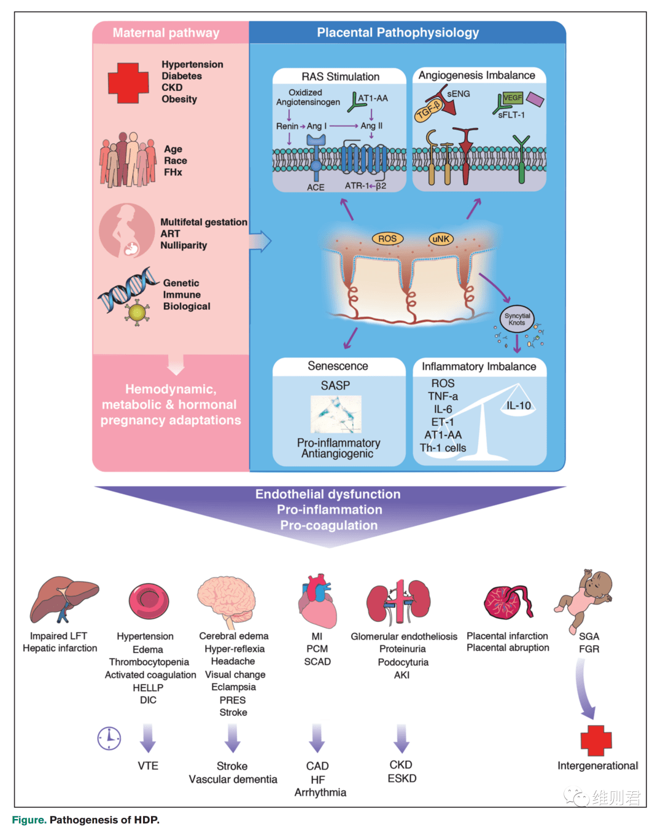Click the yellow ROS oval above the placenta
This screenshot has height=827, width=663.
tap(387, 238)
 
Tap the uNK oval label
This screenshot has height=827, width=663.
tap(441, 238)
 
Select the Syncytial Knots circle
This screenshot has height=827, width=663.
tap(517, 319)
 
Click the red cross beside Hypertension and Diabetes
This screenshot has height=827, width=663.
tap(128, 83)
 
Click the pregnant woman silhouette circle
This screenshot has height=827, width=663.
tap(126, 230)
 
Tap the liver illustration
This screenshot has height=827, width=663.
tap(64, 599)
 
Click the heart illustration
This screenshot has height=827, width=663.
tap(317, 601)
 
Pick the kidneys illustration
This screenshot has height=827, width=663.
tap(398, 602)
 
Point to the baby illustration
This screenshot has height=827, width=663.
tap(583, 601)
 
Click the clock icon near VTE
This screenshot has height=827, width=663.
tap(109, 739)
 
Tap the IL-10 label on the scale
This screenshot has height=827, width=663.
tap(518, 406)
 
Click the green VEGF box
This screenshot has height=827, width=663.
tap(513, 98)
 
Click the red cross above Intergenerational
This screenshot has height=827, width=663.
tap(596, 740)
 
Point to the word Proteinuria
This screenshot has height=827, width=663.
tap(402, 649)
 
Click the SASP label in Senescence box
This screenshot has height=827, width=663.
tap(335, 385)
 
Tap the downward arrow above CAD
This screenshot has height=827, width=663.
tap(317, 739)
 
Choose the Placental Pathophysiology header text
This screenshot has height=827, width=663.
tap(398, 33)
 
